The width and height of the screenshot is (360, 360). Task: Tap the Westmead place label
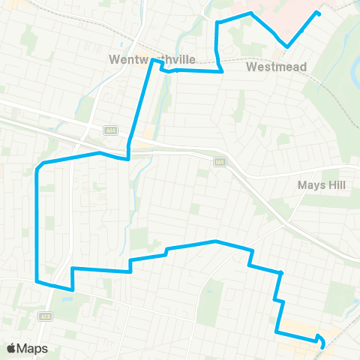pyautogui.click(x=277, y=67)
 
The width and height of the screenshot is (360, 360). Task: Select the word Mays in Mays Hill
pyautogui.click(x=309, y=184)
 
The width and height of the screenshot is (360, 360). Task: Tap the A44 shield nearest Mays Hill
pyautogui.click(x=220, y=161)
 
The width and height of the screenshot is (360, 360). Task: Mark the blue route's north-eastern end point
pyautogui.click(x=319, y=13)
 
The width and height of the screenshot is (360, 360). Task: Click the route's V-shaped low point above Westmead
pyautogui.click(x=287, y=46)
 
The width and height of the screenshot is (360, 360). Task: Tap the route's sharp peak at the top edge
pyautogui.click(x=250, y=13)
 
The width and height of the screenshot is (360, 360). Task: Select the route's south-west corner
pyautogui.click(x=37, y=281)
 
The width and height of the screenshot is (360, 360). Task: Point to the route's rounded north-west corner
pyautogui.click(x=40, y=166)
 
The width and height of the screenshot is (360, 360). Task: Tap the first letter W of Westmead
pyautogui.click(x=251, y=67)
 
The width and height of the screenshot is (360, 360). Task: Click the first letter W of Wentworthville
pyautogui.click(x=113, y=59)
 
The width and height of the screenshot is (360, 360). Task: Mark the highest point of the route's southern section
pyautogui.click(x=216, y=241)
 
